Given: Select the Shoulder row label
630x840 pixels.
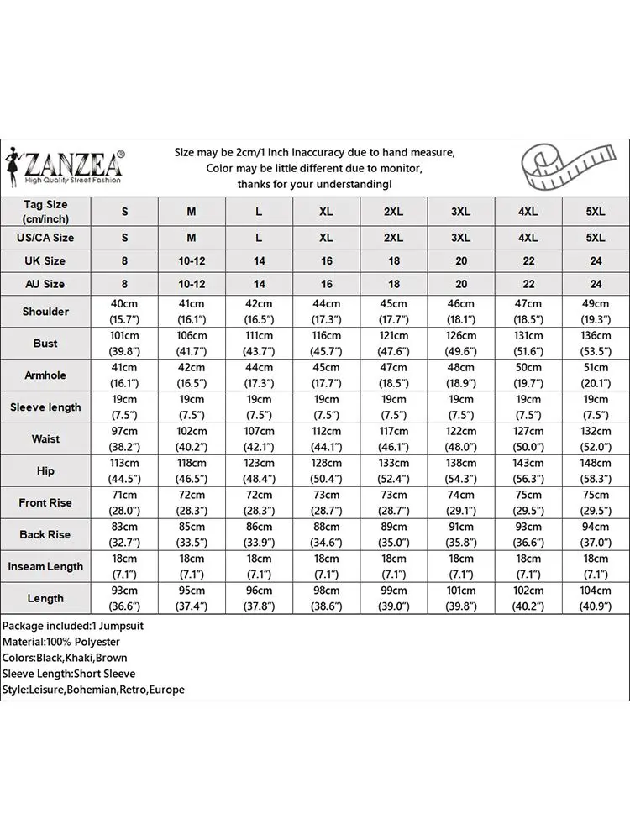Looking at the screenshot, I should pos(45,312).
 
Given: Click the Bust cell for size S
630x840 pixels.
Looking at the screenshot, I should pos(124,344).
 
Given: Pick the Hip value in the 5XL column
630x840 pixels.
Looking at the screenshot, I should pos(595,471).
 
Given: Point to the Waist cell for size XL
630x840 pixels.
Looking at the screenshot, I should pos(326,439).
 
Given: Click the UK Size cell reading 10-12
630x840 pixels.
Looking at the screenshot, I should pos(192,261).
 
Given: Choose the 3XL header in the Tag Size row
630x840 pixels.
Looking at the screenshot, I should pos(461,212).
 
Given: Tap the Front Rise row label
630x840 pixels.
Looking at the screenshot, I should pos(45,503).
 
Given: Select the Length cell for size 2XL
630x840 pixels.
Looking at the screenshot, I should pos(393,599).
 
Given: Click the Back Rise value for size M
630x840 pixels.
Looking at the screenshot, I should pos(192,535).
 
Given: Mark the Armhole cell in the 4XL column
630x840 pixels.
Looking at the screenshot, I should pos(528,375).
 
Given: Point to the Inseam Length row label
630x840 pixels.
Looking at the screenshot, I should pos(45,567).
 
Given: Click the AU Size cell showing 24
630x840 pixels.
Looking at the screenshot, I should pos(595,285).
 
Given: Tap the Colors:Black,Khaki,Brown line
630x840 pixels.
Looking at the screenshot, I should pos(65,658).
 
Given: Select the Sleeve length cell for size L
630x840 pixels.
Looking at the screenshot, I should pos(259,407).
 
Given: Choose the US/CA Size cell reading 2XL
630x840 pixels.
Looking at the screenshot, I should pos(393,239).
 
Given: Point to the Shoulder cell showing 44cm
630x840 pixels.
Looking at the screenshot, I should pos(326,312).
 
